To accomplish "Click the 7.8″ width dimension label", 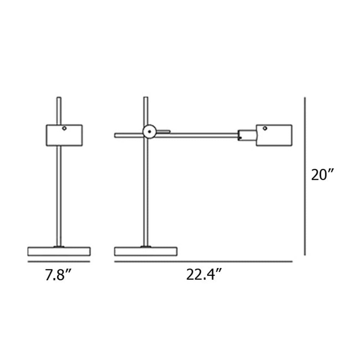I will click(x=59, y=275).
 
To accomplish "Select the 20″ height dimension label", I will click(x=323, y=175).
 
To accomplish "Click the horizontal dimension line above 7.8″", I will click(x=59, y=262).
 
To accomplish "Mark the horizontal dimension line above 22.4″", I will click(x=203, y=262).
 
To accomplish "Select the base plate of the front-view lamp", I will click(x=59, y=251).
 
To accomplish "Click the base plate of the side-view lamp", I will click(x=145, y=251).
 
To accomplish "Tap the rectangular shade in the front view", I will click(x=64, y=135).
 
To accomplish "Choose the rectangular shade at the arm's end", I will click(x=274, y=135).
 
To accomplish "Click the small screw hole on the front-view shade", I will click(x=64, y=128).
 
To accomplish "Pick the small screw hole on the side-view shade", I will click(x=265, y=128).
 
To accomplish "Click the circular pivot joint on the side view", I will click(x=149, y=132).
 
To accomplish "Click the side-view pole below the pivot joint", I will click(x=146, y=191).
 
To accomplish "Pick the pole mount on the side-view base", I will click(x=146, y=247).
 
